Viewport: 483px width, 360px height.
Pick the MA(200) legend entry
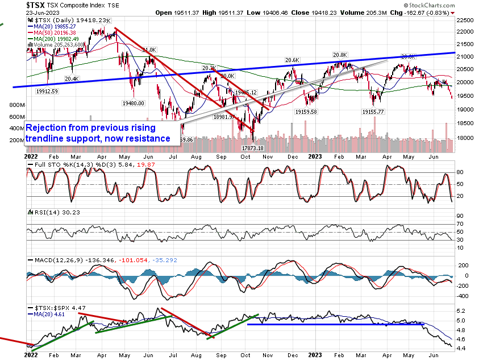pyautogui.click(x=55, y=39)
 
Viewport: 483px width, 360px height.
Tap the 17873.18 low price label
pyautogui.click(x=253, y=147)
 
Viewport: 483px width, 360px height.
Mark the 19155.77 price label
pyautogui.click(x=374, y=112)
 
